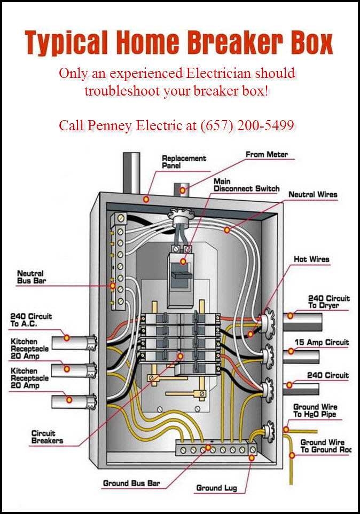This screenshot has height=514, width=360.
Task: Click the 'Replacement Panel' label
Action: [184, 162]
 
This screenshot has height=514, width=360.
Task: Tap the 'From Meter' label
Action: [267, 154]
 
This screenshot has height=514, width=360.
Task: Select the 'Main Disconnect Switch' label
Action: [246, 185]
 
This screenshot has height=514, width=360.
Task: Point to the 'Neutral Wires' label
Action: [313, 194]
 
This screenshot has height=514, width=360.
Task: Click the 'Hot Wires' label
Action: [311, 259]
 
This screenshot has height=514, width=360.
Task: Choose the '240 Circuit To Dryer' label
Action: [328, 302]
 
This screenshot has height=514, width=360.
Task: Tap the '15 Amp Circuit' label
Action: [322, 342]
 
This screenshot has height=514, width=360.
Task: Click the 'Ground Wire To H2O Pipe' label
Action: [315, 410]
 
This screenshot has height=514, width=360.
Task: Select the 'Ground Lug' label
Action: [216, 488]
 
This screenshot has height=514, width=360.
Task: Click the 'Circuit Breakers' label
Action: [47, 437]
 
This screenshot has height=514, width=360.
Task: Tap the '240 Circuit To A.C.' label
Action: [31, 320]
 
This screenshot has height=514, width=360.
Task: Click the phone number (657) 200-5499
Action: [247, 125]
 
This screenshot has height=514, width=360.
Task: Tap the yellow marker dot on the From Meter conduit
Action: [183, 190]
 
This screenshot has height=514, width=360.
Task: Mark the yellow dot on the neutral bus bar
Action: [112, 286]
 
